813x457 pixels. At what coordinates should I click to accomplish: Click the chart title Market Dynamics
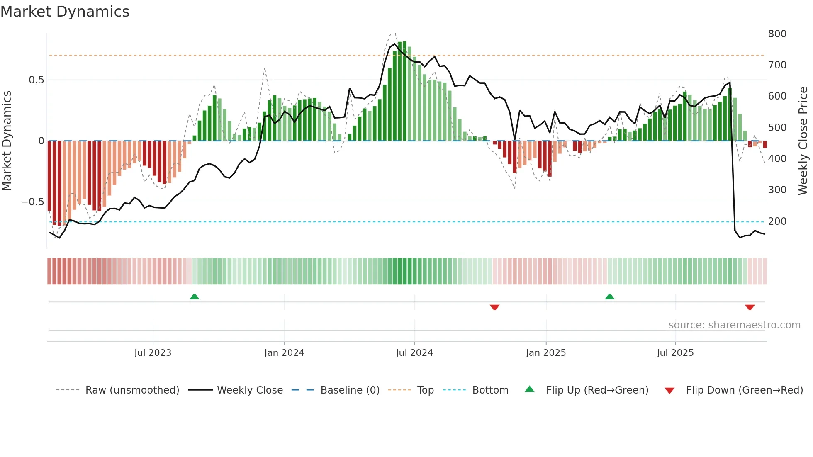[65, 12]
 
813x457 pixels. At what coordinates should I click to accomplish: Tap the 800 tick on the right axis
[777, 34]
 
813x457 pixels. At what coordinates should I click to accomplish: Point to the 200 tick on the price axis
[777, 221]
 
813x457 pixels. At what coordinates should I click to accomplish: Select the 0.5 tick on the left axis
[36, 80]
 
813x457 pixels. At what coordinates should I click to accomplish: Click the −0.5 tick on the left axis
[32, 202]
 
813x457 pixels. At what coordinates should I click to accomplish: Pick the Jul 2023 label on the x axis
[153, 353]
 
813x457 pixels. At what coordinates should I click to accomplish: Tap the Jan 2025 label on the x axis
[545, 353]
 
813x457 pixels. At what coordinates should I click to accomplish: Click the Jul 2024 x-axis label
[414, 353]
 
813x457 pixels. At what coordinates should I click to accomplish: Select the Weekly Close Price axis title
[803, 141]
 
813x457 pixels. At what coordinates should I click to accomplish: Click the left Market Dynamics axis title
[7, 141]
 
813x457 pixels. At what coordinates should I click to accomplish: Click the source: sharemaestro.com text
[734, 325]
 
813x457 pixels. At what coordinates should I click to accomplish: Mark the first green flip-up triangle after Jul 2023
[194, 297]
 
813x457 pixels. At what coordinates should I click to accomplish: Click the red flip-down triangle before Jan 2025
[494, 307]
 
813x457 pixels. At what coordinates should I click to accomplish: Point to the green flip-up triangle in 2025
[609, 297]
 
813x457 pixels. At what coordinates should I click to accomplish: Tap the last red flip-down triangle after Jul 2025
[750, 307]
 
